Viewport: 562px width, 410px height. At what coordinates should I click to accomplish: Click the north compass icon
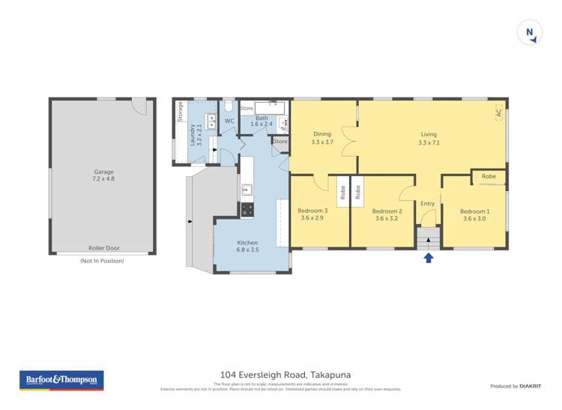530,32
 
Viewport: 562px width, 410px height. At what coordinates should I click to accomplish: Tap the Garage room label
103,175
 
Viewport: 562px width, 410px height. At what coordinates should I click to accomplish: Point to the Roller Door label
103,248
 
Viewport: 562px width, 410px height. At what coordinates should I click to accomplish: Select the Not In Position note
102,261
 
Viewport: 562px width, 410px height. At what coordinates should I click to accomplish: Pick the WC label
230,121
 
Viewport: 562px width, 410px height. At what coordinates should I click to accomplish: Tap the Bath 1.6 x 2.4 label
262,121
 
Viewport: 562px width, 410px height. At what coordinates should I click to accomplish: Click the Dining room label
321,138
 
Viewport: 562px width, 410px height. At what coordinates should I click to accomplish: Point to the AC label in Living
498,112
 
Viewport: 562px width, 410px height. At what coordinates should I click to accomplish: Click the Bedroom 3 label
312,214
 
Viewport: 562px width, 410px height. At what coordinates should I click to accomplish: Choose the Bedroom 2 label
387,214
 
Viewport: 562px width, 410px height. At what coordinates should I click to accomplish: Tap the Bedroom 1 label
475,214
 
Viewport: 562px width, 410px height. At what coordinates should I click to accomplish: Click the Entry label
428,204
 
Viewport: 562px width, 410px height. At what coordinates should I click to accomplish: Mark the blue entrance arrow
429,258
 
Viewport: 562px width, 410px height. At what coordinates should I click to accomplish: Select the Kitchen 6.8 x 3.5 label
248,247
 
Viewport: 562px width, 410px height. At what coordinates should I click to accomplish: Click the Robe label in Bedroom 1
489,176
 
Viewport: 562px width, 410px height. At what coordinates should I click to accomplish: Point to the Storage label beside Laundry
181,112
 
